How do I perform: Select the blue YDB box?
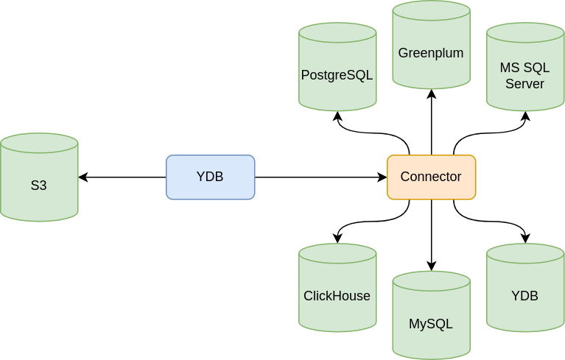coord(210,177)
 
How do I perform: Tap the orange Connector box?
coord(431,177)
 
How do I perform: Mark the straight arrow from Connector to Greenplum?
coord(431,121)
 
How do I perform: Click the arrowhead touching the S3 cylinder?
coord(83,177)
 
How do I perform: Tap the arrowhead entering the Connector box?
coord(382,177)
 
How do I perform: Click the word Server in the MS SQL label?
coord(524,84)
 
